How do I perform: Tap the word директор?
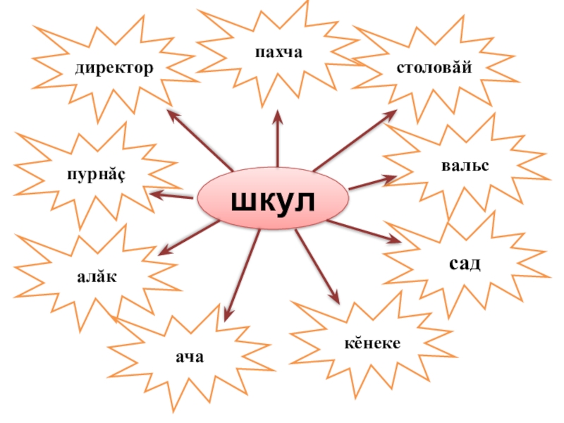[115, 69]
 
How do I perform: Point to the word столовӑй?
[434, 68]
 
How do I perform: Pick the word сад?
[465, 264]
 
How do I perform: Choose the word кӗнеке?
[372, 343]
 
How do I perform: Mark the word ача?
[190, 357]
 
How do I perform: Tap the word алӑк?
[97, 277]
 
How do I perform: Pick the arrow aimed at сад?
[364, 232]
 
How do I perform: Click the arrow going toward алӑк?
[188, 238]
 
